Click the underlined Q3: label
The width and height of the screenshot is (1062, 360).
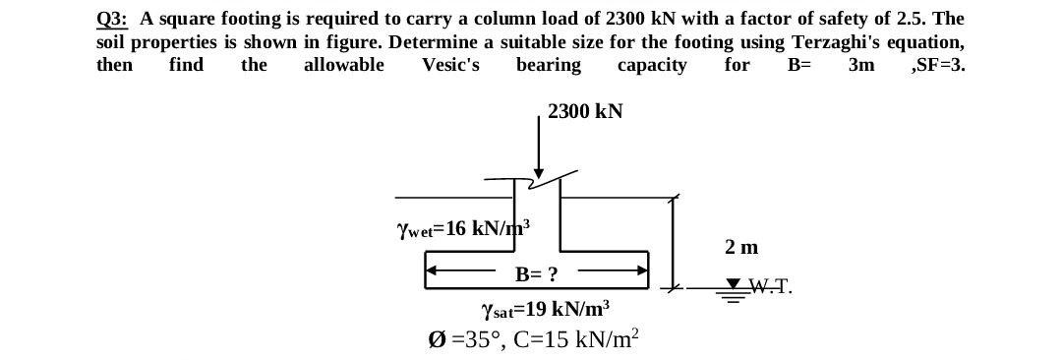coord(113,19)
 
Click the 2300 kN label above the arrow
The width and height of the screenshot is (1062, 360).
coord(585,111)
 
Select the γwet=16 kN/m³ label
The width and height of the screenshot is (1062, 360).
coord(462,228)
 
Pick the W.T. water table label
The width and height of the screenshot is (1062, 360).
coord(770,288)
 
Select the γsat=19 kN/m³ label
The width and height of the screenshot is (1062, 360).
coord(546,309)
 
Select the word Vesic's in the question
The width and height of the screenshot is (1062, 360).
coord(450,65)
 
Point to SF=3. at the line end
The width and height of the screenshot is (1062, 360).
coord(938,65)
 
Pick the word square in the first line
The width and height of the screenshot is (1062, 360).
coord(182,19)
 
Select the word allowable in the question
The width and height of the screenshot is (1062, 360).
coord(343,65)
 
